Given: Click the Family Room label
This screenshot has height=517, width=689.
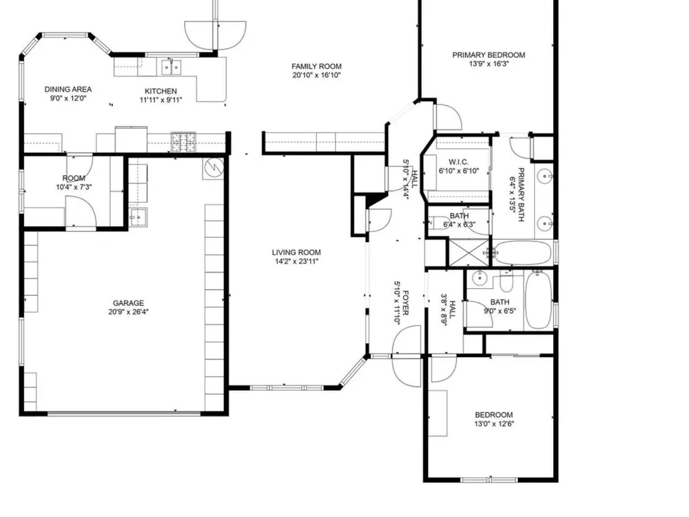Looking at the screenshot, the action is pos(316,66).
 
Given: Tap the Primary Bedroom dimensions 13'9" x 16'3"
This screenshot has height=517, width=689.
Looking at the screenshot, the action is pos(489,63).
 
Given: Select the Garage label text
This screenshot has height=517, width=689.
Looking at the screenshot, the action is pos(128,303).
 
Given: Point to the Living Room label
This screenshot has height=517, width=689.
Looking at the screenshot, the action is pos(296,252).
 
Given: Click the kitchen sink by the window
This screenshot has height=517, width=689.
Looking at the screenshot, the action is pos(171,68).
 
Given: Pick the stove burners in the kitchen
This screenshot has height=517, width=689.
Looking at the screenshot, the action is pos(183,141).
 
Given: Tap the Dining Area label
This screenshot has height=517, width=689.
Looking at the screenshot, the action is pos(68,89).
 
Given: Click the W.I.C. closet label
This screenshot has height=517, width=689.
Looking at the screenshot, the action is pos(459,162).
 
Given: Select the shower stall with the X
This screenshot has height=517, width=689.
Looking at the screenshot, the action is pos(469,252).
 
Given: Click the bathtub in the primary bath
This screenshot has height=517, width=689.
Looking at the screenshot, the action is pos(522,252).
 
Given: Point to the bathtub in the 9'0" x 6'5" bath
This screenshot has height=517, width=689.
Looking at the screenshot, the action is pos(539,299).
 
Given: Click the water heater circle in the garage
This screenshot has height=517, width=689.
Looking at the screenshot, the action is pos(214,167).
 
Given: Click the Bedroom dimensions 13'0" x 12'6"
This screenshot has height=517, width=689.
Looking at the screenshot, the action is pos(494,424).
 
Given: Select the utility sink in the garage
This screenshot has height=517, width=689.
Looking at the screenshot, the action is pos(138,217).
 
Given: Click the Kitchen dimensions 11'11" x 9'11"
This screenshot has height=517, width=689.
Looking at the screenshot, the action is pos(161,100).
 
